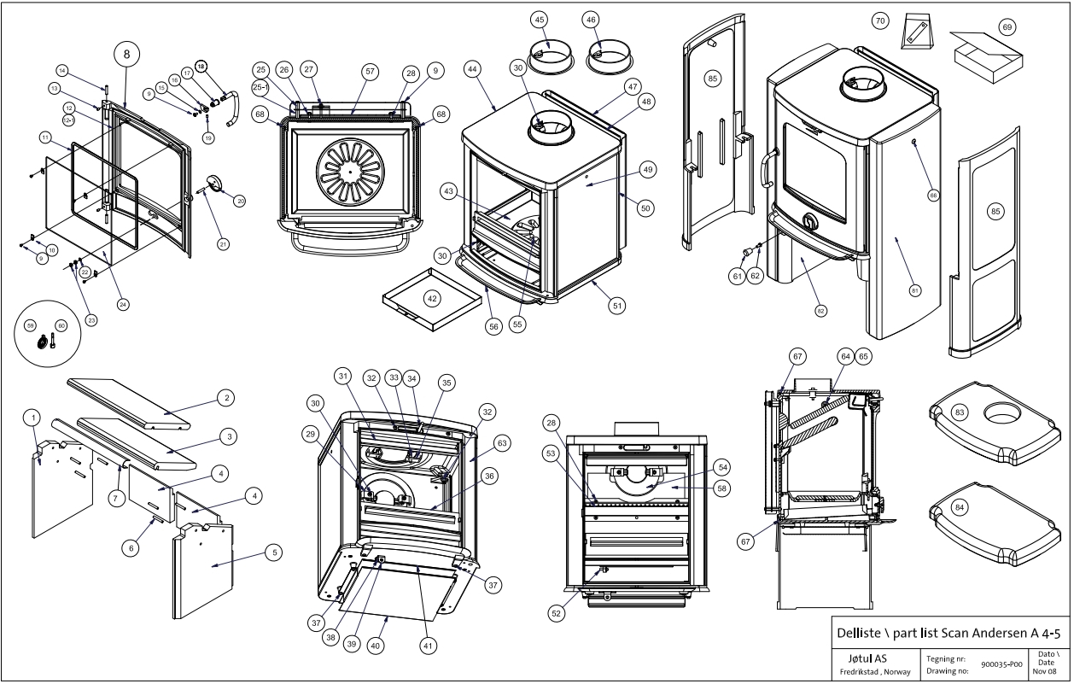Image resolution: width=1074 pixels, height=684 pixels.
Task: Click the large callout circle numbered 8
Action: (x=126, y=54)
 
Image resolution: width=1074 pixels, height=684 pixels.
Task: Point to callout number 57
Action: (x=370, y=73)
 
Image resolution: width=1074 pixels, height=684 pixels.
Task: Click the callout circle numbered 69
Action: (x=1007, y=27)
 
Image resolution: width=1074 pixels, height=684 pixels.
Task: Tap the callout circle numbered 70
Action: (x=881, y=19)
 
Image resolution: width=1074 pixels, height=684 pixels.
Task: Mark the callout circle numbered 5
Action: (x=273, y=553)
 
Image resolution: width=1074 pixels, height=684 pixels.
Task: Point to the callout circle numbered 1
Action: (x=32, y=417)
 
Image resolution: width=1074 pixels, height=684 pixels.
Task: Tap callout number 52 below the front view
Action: (x=556, y=612)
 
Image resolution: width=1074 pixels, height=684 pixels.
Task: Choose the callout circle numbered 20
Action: (x=240, y=201)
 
